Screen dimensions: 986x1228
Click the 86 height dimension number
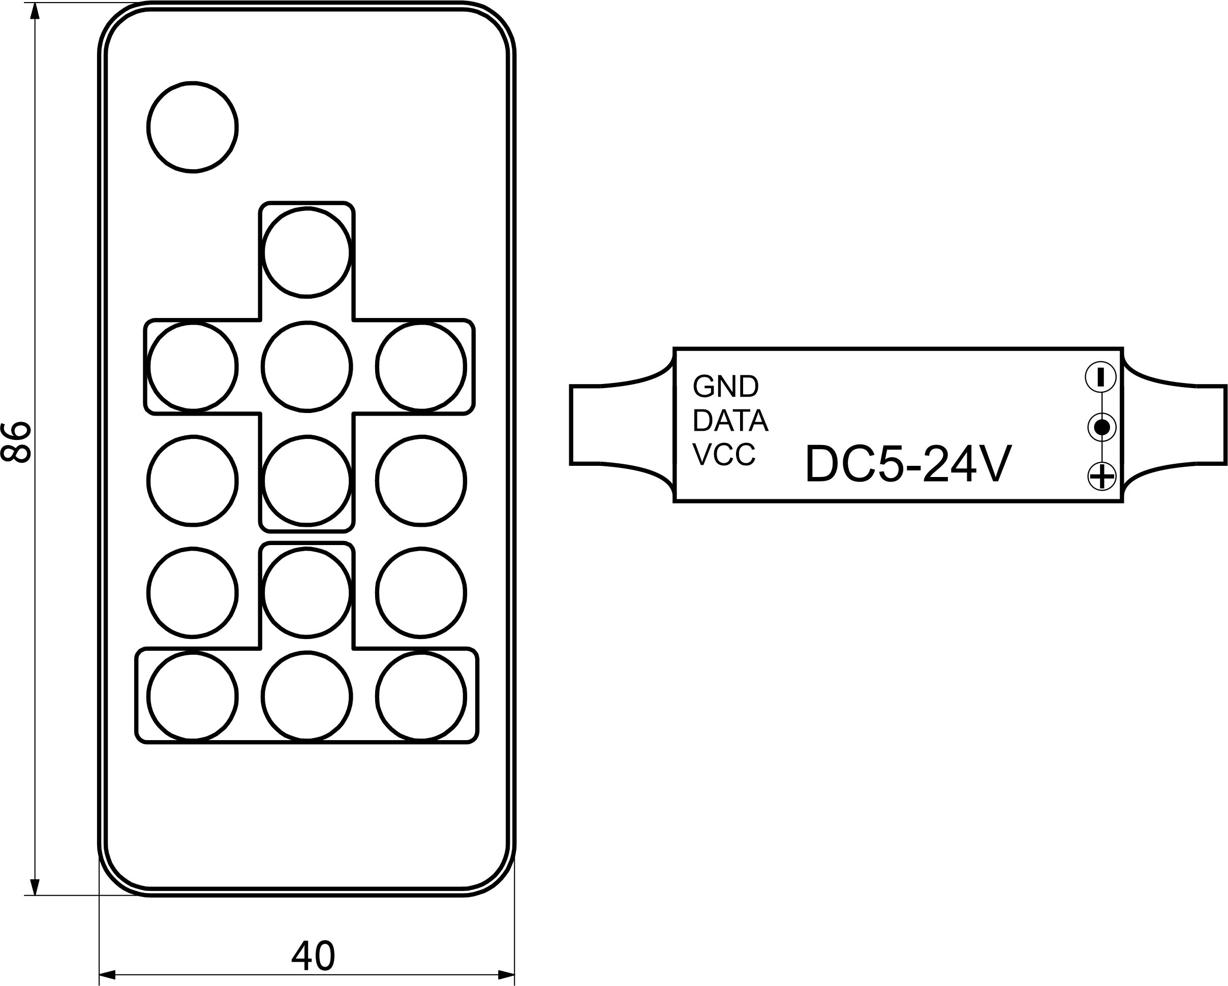coord(15,442)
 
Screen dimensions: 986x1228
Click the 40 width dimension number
coord(313,956)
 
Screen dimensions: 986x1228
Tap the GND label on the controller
coord(725,387)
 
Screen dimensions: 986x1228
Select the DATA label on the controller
coord(730,421)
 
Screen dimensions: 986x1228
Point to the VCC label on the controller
coord(724,454)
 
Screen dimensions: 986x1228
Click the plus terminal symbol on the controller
coord(1101,476)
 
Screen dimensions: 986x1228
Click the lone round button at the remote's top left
coord(193,127)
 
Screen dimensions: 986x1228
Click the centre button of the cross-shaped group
coord(306,367)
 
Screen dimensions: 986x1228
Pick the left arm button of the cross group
coord(193,367)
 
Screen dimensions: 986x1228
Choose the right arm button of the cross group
coord(421,367)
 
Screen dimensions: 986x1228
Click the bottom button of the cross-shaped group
coord(306,481)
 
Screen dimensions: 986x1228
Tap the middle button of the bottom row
coord(306,696)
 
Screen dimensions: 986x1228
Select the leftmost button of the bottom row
coord(193,696)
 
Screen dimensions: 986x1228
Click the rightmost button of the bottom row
coord(421,696)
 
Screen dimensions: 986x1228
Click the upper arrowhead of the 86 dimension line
coord(35,11)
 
